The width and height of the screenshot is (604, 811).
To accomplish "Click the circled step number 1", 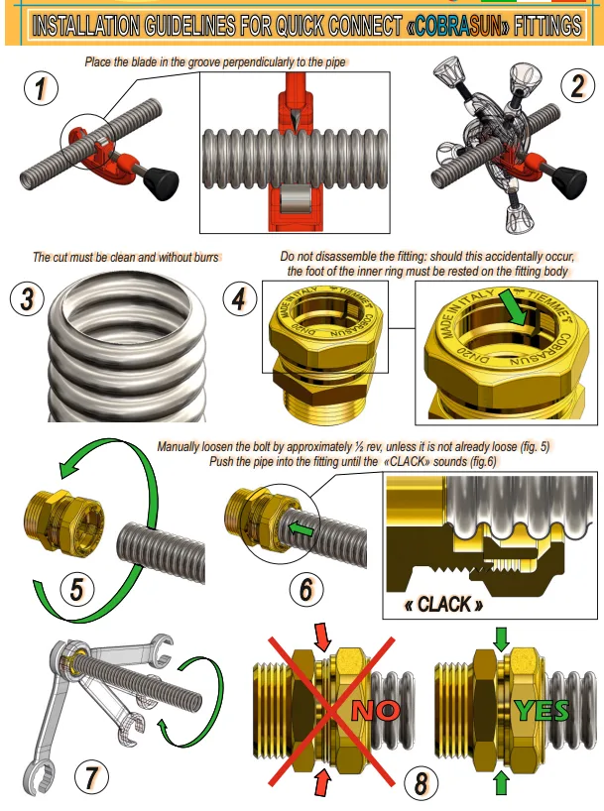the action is tap(41, 88).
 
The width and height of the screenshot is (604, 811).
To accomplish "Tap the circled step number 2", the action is tap(577, 86).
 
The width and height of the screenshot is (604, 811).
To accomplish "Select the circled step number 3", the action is tap(28, 299).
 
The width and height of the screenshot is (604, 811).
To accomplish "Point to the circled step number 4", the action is tap(240, 299).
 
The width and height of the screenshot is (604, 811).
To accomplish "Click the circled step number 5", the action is tap(76, 589).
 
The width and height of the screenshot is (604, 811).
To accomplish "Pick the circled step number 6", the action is tap(306, 589).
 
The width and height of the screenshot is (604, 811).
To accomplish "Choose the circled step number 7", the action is tap(91, 777).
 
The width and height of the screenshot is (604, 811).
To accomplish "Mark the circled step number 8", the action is tap(421, 783).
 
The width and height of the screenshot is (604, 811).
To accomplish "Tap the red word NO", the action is tap(376, 711).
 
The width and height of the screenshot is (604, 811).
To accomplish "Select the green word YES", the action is tap(542, 711).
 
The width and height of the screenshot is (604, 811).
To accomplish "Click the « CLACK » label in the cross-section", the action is tap(443, 604).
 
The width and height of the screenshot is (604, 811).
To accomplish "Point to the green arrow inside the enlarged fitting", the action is tap(514, 307).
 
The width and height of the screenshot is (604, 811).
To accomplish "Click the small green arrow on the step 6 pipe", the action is tap(301, 529).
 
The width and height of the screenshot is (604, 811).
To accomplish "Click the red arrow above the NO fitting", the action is tap(322, 637).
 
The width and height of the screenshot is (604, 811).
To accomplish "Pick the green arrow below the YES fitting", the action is tap(501, 783).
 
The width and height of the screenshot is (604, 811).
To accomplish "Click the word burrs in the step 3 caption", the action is tap(207, 257).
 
